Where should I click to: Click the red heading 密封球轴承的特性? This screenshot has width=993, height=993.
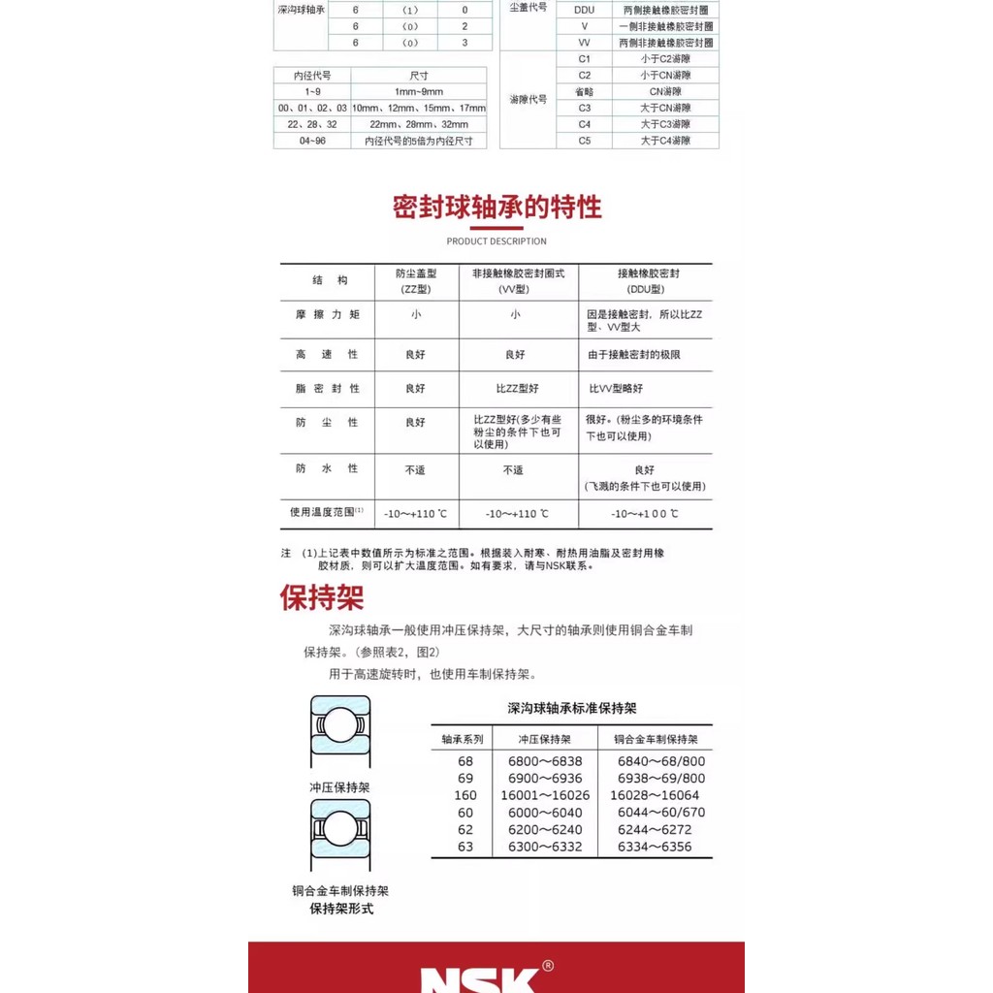click(x=496, y=208)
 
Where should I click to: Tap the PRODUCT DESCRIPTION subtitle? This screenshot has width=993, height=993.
click(x=496, y=241)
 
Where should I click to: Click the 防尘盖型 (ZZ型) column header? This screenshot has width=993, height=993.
click(x=415, y=281)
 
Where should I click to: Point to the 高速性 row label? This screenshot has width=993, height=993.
click(x=327, y=355)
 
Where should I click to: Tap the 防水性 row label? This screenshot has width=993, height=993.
click(x=327, y=468)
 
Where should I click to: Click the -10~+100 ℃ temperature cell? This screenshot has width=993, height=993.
click(x=645, y=514)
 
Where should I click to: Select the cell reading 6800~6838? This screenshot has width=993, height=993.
click(x=545, y=761)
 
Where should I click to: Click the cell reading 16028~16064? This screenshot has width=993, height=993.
click(x=655, y=795)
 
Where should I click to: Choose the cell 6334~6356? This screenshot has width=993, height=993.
click(x=655, y=847)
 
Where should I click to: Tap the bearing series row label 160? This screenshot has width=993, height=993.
click(x=465, y=795)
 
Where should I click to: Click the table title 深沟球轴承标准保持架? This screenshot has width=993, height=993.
click(x=572, y=708)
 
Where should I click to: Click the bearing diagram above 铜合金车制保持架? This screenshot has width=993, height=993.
click(x=339, y=835)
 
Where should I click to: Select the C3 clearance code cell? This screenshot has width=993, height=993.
click(x=584, y=108)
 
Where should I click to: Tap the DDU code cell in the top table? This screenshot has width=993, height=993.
click(x=584, y=10)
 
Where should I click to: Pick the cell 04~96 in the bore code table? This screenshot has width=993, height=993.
click(x=311, y=141)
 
